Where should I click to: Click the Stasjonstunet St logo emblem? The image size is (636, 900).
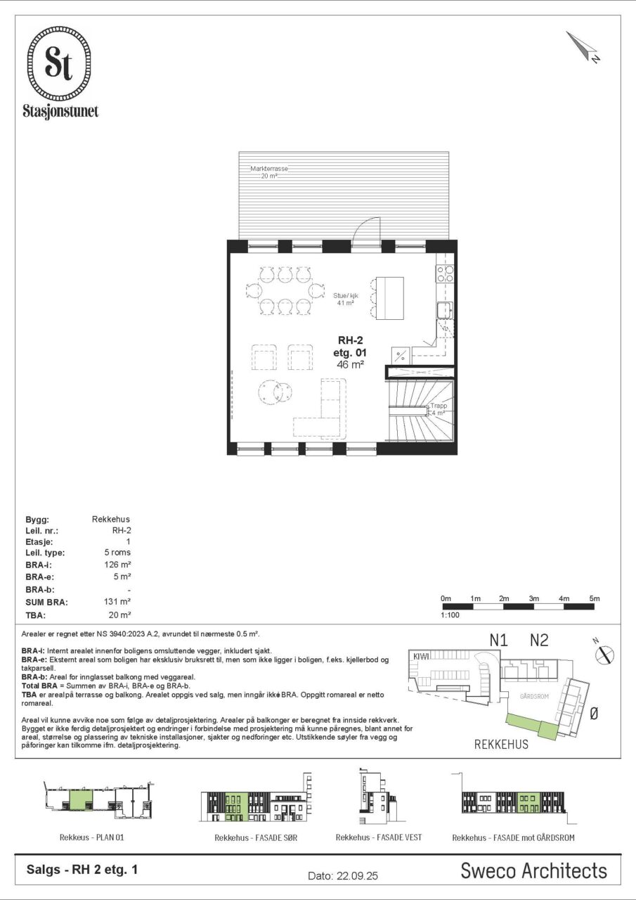tap(60, 63)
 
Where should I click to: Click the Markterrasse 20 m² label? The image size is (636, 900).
tap(269, 172)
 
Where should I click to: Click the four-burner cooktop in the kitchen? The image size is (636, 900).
tap(446, 274)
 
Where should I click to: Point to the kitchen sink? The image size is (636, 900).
tap(446, 310)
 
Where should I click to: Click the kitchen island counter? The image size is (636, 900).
tap(390, 298)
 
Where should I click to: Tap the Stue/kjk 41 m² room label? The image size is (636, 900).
tap(345, 299)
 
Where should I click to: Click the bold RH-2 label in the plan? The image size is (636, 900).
tap(350, 340)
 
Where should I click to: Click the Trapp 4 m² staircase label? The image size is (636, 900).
tap(438, 409)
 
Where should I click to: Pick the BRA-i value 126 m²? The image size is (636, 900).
tap(117, 565)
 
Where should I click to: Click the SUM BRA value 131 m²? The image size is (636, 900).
tap(117, 601)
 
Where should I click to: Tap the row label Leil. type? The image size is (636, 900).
tap(45, 553)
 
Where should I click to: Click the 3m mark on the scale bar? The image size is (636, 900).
tap(533, 598)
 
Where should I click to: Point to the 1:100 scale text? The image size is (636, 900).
tap(450, 615)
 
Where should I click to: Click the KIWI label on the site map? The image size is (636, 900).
tap(421, 656)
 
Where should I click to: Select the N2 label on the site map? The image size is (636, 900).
tap(539, 640)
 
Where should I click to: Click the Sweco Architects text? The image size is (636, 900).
tap(533, 871)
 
